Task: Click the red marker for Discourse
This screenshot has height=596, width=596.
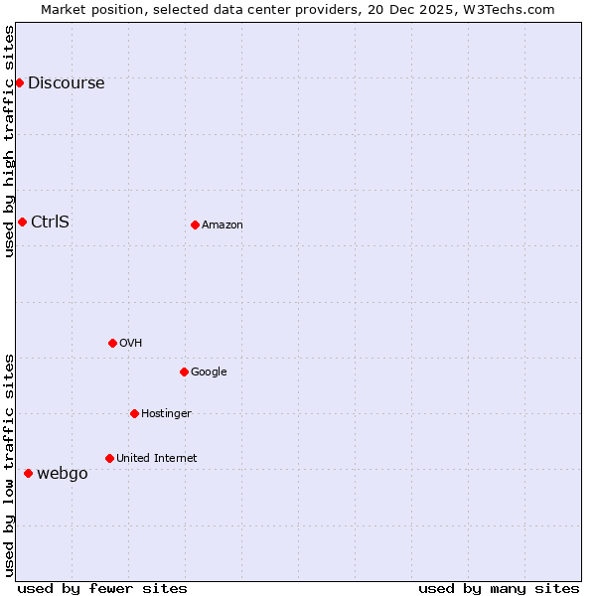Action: (19, 82)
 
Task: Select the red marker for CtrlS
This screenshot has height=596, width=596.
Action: (22, 222)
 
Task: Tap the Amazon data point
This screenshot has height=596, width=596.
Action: (195, 224)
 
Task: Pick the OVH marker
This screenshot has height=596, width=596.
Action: (112, 343)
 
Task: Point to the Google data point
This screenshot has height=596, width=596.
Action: (184, 372)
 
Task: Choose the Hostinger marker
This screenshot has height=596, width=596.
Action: (134, 413)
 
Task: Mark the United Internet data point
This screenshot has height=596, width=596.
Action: (109, 458)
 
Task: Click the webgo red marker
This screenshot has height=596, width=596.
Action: (28, 473)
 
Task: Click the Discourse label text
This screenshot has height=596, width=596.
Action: (66, 83)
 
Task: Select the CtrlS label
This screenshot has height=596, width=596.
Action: (50, 222)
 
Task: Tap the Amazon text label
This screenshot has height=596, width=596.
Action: (223, 225)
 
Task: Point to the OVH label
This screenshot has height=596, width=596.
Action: (130, 344)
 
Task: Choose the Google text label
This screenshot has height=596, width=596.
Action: (209, 372)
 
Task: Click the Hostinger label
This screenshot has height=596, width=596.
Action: (166, 414)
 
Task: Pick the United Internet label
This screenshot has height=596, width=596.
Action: (156, 459)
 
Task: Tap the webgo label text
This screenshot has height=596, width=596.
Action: (62, 474)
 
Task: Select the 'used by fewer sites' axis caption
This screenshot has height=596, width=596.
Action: (102, 588)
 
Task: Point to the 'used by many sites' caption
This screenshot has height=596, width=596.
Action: (499, 588)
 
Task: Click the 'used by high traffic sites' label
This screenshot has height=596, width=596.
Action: (10, 141)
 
